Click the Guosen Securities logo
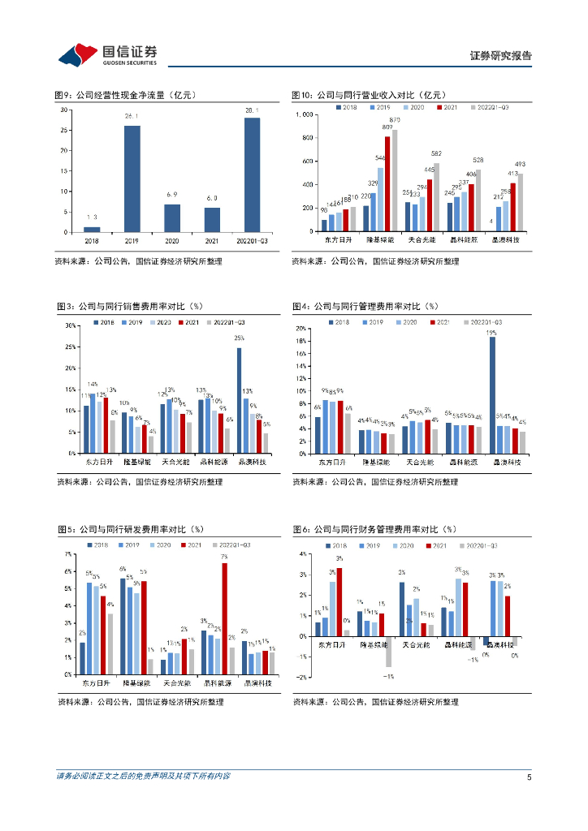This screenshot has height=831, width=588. [x=107, y=54]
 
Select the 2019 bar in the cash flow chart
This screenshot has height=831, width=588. [x=132, y=179]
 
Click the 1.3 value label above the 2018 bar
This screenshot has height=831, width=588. [x=92, y=217]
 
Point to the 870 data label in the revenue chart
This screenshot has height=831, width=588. [x=395, y=120]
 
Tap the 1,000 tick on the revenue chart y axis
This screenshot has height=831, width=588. [x=304, y=114]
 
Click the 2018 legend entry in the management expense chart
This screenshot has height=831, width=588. [x=336, y=322]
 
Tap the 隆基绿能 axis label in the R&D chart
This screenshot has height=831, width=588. [x=135, y=684]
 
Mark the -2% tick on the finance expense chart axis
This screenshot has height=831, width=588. [x=302, y=677]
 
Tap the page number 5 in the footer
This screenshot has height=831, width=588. [x=529, y=777]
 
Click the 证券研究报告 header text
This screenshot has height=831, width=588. [x=501, y=56]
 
